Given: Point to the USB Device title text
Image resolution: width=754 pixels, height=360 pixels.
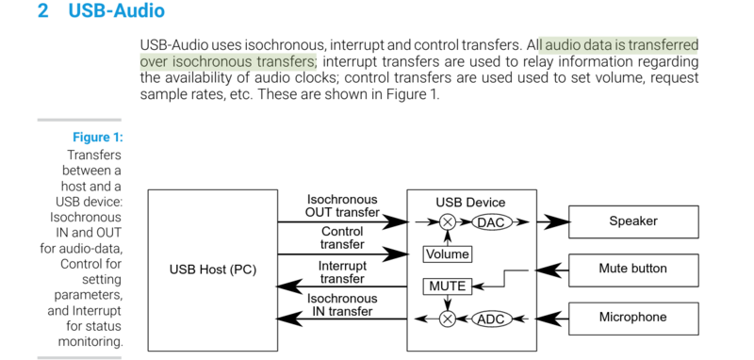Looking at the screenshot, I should (470, 203).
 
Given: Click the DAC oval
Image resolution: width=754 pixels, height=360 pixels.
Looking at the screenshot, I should (490, 222).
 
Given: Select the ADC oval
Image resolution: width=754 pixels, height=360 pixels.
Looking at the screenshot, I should (490, 319).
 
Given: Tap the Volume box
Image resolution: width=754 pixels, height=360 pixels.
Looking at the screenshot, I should (447, 254).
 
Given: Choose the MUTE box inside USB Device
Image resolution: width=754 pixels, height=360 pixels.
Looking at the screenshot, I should (447, 285).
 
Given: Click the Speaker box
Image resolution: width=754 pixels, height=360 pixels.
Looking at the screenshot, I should (632, 221).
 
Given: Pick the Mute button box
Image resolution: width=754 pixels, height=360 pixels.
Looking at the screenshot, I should (632, 269).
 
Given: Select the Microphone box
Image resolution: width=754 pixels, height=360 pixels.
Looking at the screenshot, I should (632, 318).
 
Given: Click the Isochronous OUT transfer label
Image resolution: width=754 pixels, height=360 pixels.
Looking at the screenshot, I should (342, 205).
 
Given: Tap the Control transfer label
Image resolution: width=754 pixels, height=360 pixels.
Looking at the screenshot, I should (342, 237).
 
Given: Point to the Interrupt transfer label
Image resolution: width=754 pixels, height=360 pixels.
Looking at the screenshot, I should (342, 271).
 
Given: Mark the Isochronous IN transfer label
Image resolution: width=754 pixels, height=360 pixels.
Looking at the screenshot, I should (342, 304).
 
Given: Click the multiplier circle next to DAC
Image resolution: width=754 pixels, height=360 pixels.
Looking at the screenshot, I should (448, 222).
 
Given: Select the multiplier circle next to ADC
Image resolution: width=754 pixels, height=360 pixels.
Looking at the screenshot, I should (448, 319).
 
